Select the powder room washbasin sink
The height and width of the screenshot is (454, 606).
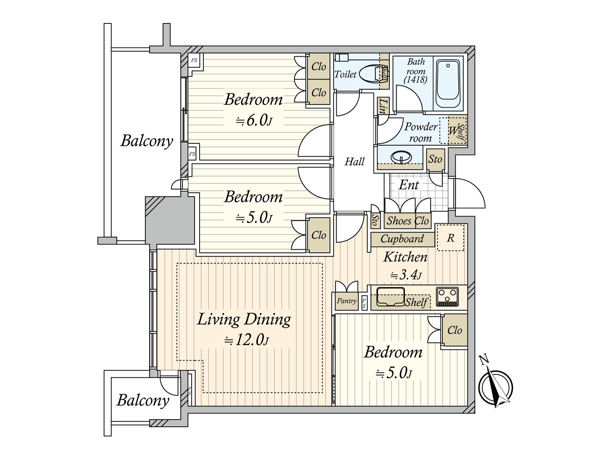401,157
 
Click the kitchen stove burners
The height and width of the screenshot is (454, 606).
447,296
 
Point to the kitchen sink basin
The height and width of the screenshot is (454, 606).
390,296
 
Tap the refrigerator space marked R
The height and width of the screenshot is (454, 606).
450,238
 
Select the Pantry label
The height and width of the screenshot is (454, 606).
347,300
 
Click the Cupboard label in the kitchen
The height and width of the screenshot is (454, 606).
402,239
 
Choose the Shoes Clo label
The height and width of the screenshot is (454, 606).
408,221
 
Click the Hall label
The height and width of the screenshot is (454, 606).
355,162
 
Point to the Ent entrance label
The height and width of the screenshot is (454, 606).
409,185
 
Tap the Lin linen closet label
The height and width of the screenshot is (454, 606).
383,106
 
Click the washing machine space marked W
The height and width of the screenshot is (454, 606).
453,131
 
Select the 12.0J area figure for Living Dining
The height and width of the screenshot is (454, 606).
247,340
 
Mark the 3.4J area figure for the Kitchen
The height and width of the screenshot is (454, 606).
406,275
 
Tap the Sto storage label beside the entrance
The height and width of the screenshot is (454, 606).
436,159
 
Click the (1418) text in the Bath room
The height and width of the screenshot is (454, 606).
416,80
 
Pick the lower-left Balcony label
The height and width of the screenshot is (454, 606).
143,401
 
